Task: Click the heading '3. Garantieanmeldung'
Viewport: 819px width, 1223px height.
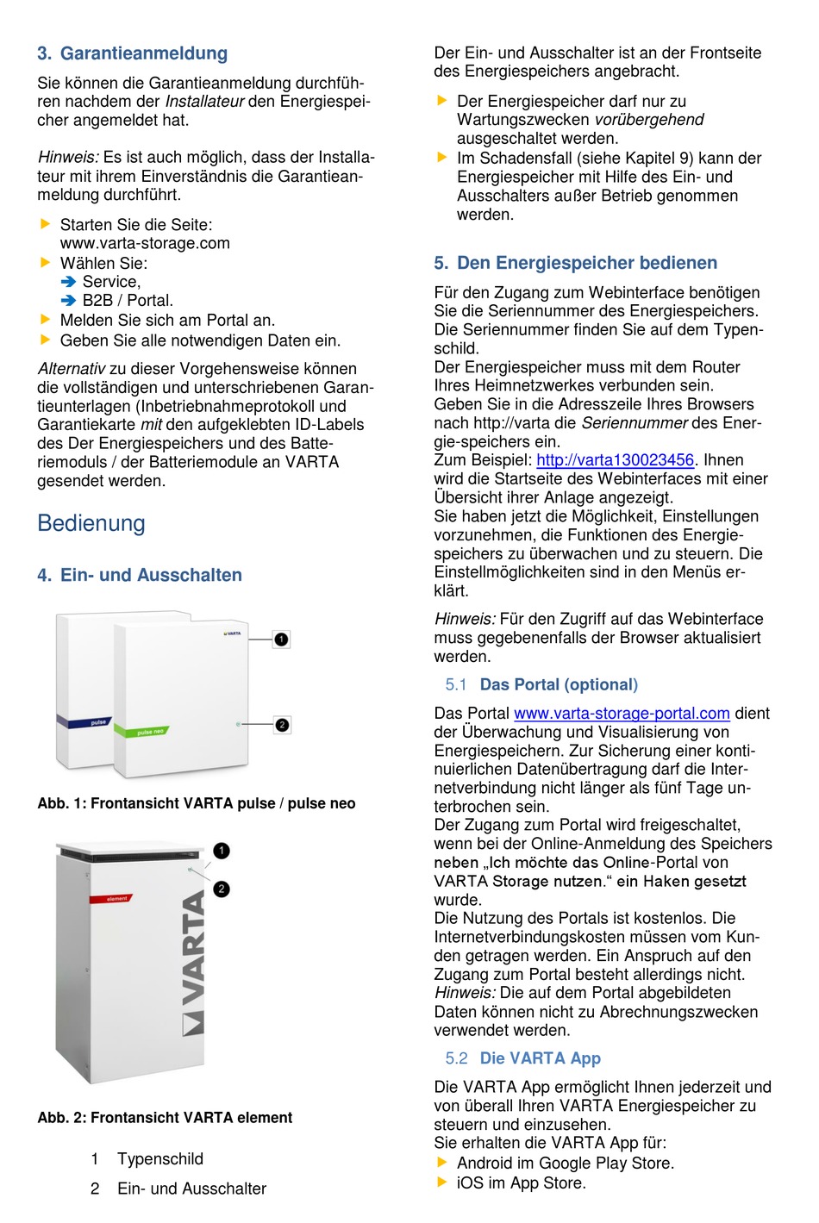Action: pos(132,53)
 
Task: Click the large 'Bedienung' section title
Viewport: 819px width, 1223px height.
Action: pos(91,523)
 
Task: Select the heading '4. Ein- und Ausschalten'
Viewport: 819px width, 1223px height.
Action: pos(140,575)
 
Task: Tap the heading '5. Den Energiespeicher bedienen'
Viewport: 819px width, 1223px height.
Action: pos(575,263)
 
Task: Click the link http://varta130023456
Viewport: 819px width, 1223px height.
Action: pos(615,460)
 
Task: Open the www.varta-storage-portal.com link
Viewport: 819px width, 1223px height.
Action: pos(622,714)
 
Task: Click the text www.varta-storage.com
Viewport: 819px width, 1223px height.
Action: pos(145,243)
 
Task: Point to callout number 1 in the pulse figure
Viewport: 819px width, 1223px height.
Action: pos(281,640)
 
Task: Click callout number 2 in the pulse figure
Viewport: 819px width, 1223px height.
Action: pos(281,725)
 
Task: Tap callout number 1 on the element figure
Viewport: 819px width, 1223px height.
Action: pos(222,851)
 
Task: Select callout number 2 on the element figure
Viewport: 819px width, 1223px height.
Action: pos(222,889)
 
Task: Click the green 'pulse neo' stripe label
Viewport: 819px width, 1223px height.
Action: pos(151,732)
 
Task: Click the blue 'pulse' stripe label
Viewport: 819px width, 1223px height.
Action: pos(97,722)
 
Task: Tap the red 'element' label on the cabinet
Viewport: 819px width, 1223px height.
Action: pos(116,898)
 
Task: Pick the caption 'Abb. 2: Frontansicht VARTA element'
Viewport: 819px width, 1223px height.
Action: pos(165,1118)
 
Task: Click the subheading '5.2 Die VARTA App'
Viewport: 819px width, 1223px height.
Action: pos(523,1058)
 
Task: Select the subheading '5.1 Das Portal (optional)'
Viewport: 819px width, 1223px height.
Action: pos(542,685)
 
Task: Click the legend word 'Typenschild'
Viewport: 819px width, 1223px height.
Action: pos(160,1159)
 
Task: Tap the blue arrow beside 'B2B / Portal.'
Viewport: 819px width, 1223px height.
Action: pos(69,301)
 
